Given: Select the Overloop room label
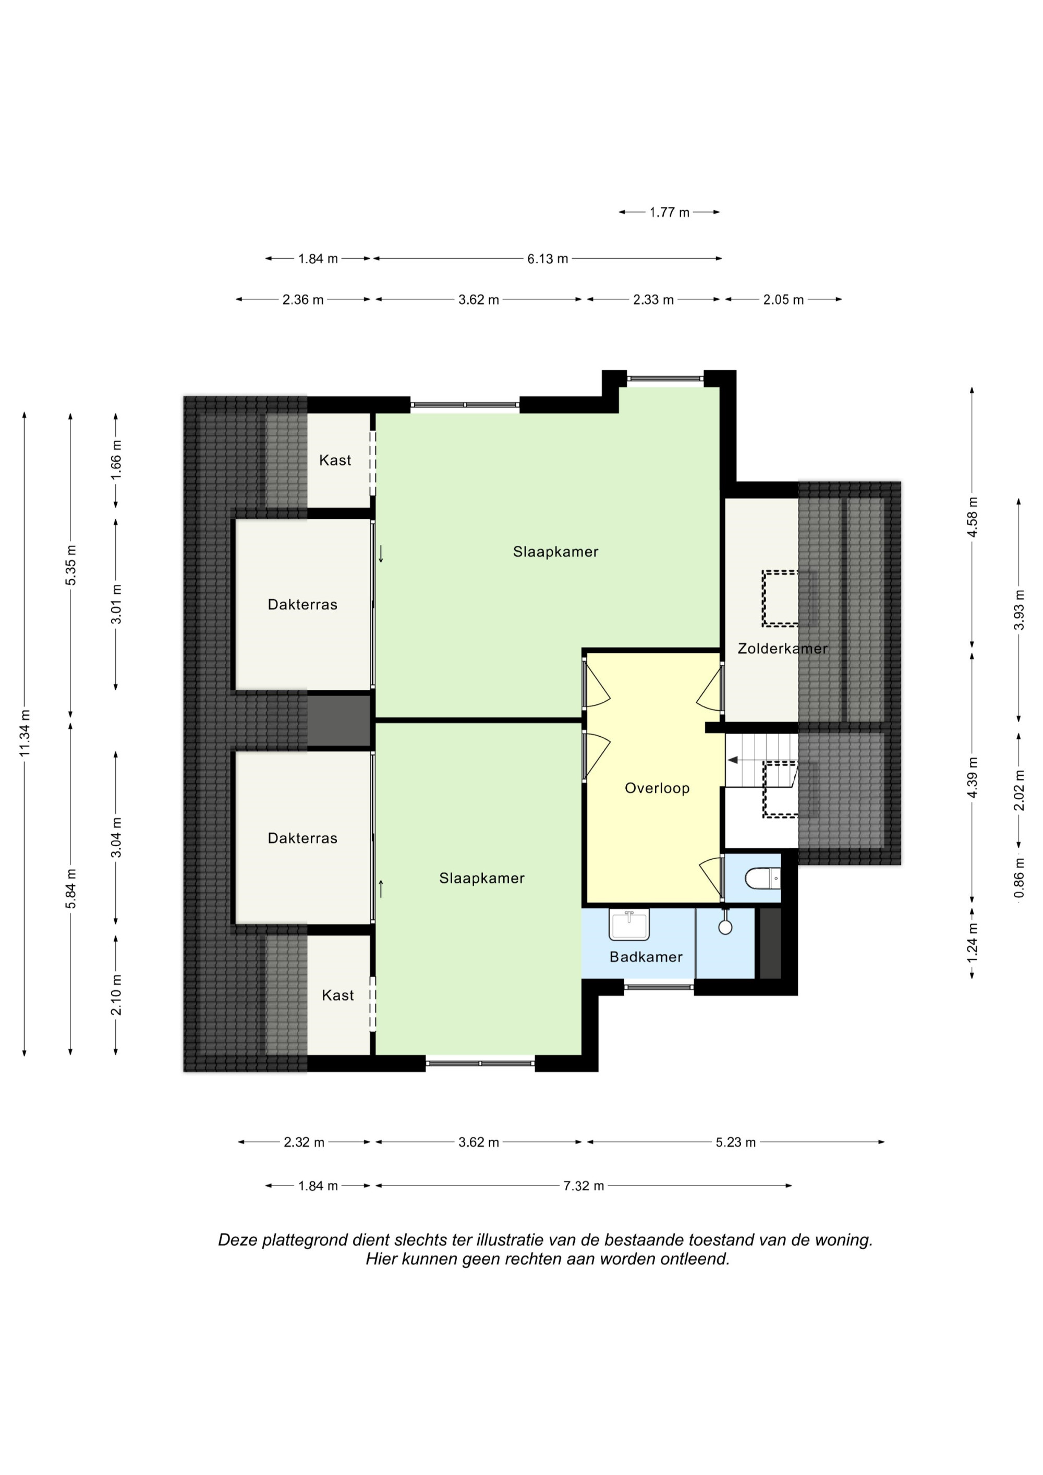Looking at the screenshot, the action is [x=657, y=788].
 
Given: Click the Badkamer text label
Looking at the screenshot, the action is [x=646, y=957].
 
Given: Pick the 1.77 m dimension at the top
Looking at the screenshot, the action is [x=669, y=213].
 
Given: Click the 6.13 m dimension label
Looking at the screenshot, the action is [x=548, y=259].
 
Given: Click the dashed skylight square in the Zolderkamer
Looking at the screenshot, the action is [x=780, y=598].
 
